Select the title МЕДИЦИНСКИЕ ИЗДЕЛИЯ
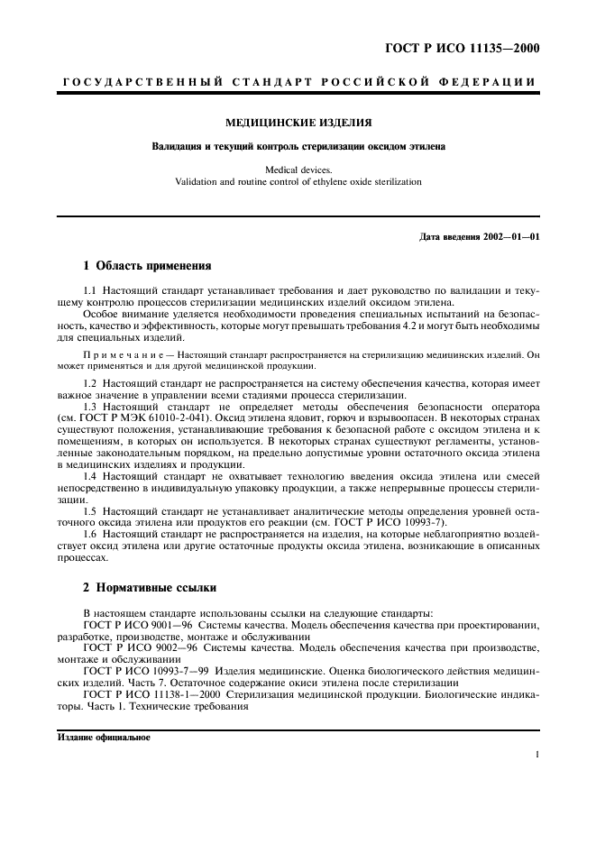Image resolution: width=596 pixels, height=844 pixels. (298, 122)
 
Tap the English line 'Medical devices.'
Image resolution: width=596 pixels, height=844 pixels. (298, 169)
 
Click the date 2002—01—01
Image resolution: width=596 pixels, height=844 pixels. (509, 237)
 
